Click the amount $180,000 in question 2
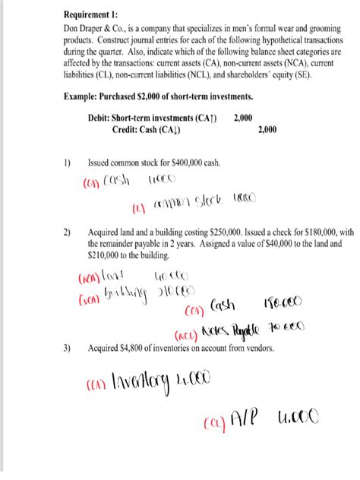314,231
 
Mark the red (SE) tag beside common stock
138,207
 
